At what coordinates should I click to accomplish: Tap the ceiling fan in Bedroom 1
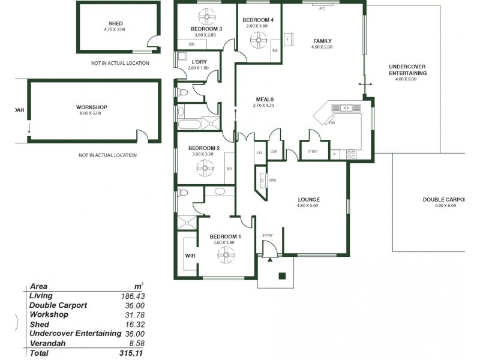tap(227, 256)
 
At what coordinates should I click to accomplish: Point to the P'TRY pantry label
tap(313, 152)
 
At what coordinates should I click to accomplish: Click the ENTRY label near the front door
tap(268, 235)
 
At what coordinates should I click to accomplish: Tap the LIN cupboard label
tap(260, 152)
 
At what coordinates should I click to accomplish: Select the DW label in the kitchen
tap(332, 122)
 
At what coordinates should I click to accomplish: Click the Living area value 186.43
tap(133, 296)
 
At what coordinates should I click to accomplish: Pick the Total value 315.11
tap(132, 353)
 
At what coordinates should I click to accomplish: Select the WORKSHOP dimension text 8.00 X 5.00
tap(92, 113)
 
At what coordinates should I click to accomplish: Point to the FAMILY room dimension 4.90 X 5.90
tap(322, 47)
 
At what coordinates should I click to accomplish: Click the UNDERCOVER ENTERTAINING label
tap(407, 70)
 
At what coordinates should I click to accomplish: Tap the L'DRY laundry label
tap(199, 62)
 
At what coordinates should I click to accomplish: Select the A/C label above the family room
tap(322, 8)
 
